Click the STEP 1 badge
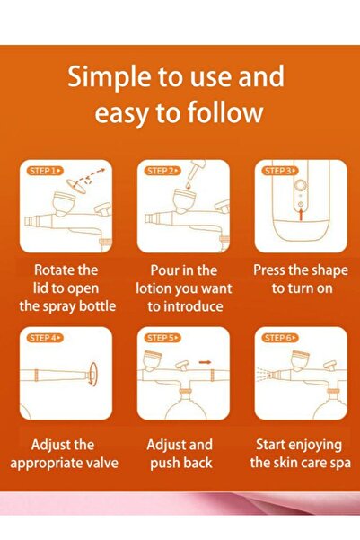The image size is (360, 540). tap(43, 170)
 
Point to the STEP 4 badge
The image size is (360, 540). tap(43, 338)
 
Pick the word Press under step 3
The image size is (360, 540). tap(275, 270)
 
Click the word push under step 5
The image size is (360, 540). tap(154, 463)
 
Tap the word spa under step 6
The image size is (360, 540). tap(338, 463)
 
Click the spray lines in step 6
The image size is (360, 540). tap(268, 371)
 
